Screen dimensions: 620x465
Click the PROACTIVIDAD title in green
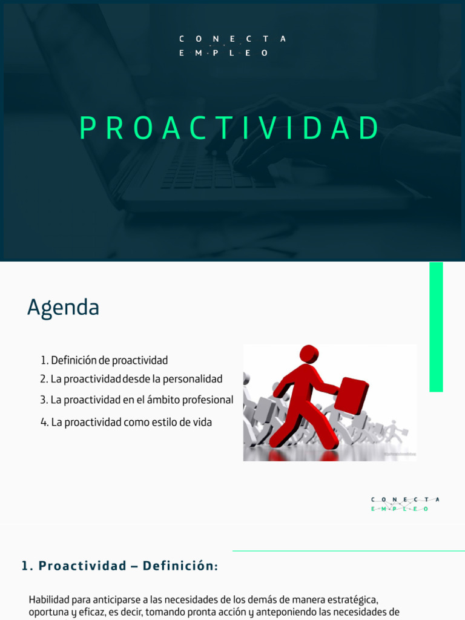pos(230,128)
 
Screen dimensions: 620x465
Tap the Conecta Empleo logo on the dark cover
pos(232,46)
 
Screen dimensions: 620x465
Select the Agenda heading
pos(63,308)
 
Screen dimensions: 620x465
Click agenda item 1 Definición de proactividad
pos(104,360)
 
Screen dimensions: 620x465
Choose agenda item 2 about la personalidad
pos(131,379)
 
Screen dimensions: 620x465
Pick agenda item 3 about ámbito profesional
pos(137,400)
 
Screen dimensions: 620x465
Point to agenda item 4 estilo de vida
pos(127,422)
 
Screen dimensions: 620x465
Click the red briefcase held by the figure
pos(351,395)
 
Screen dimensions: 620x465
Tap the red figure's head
pos(309,354)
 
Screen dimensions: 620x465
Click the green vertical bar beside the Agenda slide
pos(436,327)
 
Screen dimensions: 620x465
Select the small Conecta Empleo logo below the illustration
pos(405,504)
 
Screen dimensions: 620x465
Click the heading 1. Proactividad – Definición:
pos(119,566)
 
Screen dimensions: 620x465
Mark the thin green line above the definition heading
pos(348,551)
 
